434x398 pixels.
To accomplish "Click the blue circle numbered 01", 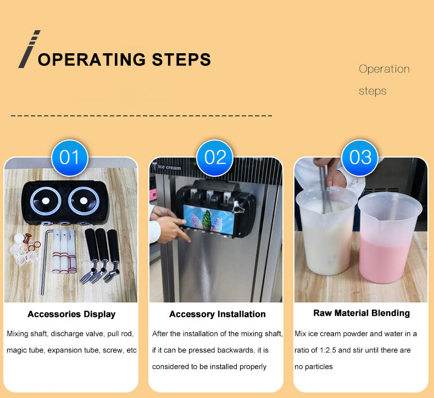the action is point(70,158).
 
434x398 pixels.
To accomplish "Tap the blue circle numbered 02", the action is point(215,158).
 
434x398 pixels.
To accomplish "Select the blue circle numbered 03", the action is point(360,158).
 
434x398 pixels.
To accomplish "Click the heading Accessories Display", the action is point(71,314).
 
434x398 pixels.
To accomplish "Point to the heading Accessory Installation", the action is point(218,314).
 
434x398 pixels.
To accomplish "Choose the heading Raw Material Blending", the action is point(361,313).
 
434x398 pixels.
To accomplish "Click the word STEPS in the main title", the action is point(181,59).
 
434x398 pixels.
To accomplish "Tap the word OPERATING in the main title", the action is point(92,59).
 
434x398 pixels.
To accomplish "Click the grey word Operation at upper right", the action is point(384,69).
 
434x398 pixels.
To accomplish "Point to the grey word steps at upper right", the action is point(372,91).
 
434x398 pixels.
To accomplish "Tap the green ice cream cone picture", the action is point(207,220).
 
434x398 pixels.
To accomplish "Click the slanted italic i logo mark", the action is point(29,49).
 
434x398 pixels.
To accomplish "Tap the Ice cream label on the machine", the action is point(169,167).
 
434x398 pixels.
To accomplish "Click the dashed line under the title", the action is point(141,116).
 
